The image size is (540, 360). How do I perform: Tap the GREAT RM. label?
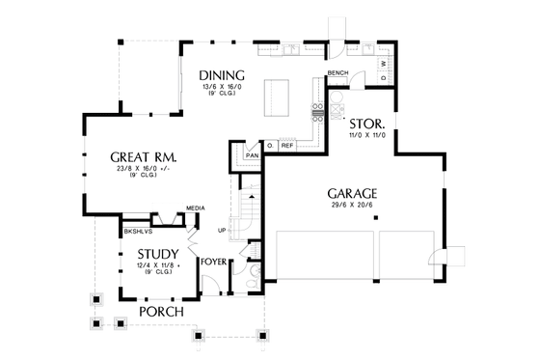[x=142, y=157]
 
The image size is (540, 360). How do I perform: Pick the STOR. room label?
[x=367, y=125]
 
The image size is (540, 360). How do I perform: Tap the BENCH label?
[x=337, y=73]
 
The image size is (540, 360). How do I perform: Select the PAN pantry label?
[x=253, y=154]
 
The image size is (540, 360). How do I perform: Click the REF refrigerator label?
[x=287, y=146]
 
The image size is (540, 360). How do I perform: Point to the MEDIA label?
[x=194, y=208]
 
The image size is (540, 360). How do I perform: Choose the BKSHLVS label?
[x=135, y=232]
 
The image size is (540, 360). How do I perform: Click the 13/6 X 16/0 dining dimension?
[x=223, y=89]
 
